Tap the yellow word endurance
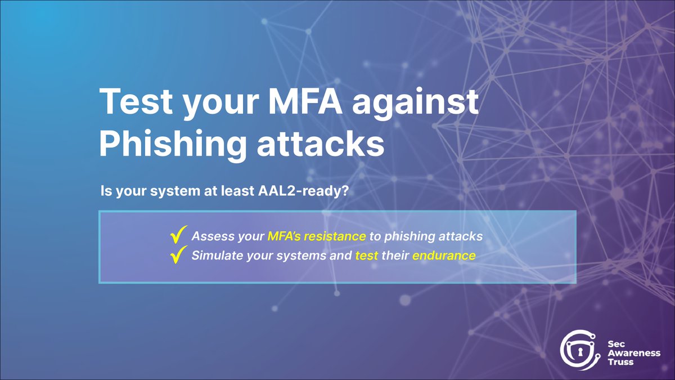point(444,256)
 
